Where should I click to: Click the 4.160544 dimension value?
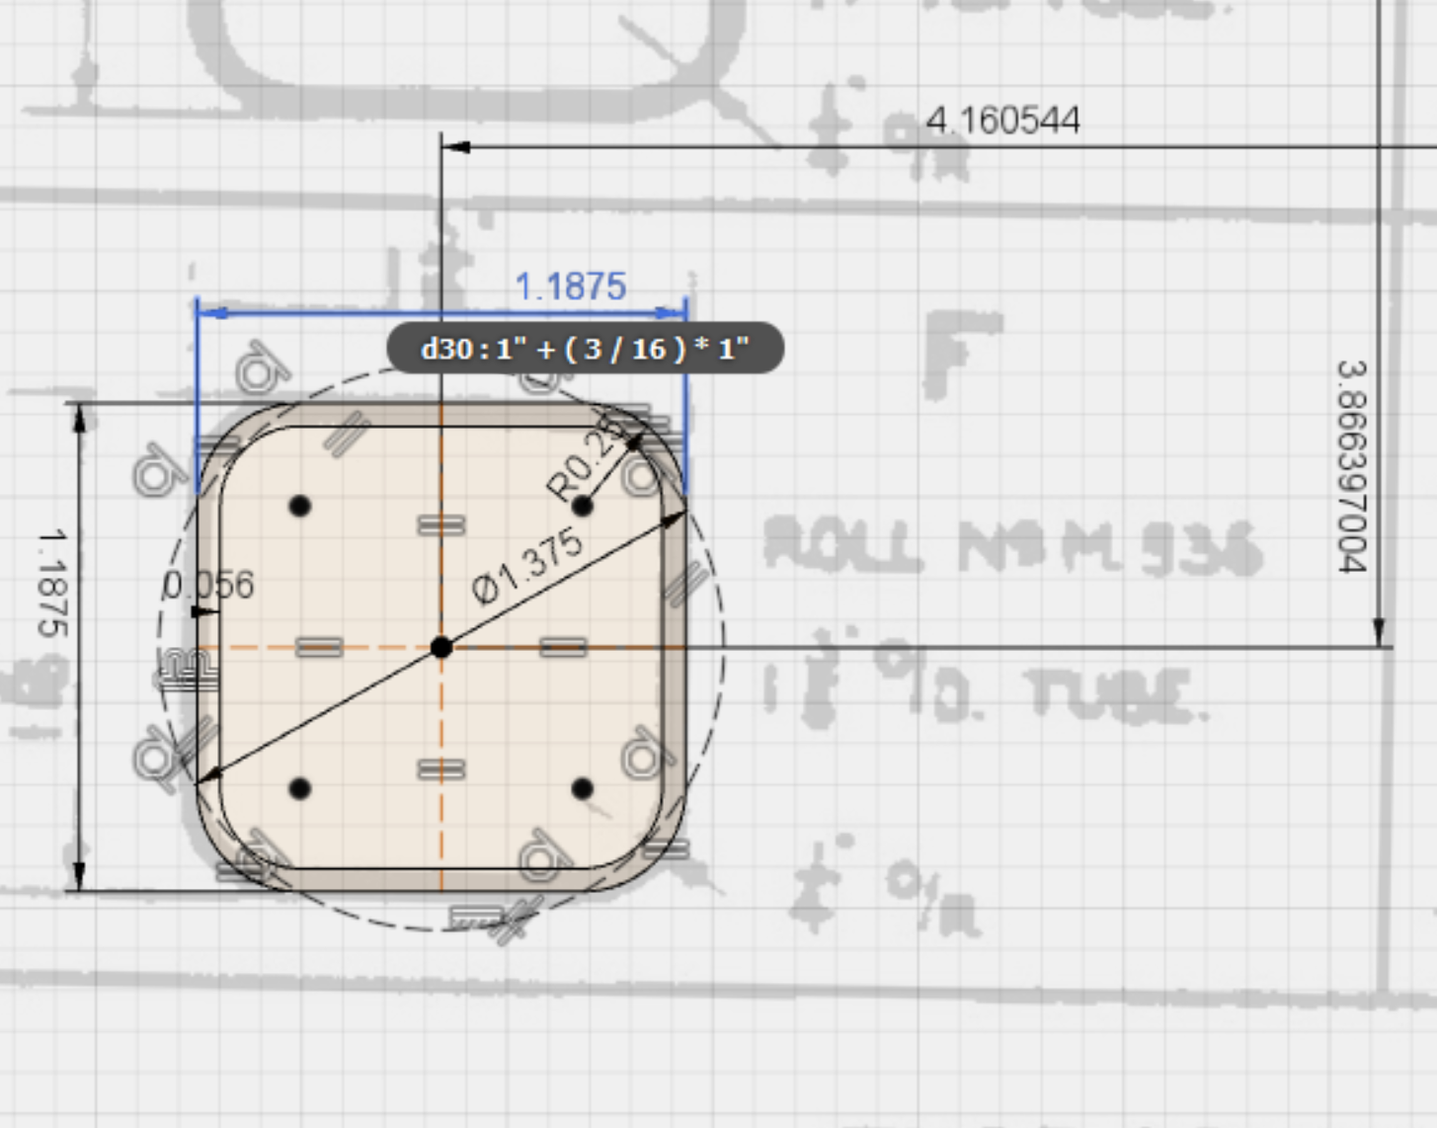1001,121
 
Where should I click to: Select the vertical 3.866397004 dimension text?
1352,466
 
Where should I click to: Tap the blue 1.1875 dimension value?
571,286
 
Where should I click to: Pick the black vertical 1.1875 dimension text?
52,583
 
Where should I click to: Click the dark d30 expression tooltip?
585,349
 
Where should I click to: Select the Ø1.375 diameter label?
527,566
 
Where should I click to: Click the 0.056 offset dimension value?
208,586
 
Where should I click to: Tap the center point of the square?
441,647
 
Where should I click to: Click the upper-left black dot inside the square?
300,506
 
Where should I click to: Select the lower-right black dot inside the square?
583,788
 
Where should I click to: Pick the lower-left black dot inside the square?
300,788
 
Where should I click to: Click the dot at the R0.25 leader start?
583,506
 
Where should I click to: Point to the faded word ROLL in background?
842,545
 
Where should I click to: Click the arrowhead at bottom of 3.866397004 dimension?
1380,633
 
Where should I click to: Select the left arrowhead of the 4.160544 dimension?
455,147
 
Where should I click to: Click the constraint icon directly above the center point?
441,525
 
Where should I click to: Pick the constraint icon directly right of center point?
563,647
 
